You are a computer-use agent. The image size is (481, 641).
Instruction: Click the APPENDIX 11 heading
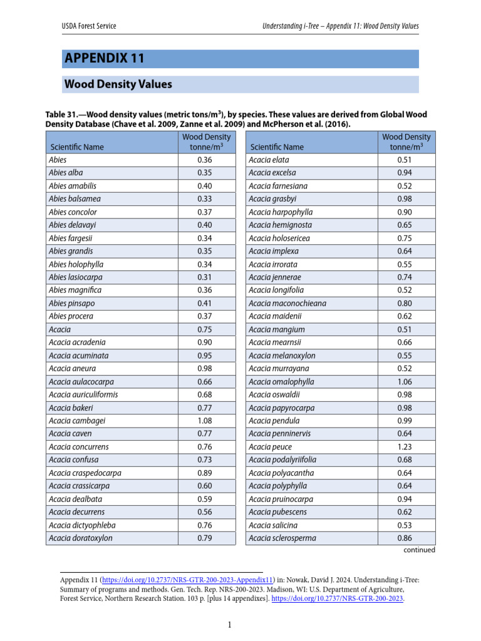click(105, 59)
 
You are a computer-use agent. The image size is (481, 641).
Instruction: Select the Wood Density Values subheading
click(118, 84)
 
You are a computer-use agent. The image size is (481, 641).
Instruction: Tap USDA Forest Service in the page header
click(88, 26)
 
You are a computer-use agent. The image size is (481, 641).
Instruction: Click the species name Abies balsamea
click(75, 198)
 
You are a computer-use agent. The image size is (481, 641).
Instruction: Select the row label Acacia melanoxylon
click(282, 356)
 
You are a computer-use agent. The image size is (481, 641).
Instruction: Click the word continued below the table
click(418, 550)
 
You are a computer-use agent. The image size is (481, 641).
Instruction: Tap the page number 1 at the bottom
click(230, 624)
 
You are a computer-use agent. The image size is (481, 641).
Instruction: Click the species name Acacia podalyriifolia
click(282, 460)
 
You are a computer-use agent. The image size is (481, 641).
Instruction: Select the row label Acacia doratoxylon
click(81, 538)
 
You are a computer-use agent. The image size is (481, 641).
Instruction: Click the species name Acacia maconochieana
click(287, 304)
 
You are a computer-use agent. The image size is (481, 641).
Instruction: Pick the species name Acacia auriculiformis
click(83, 394)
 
